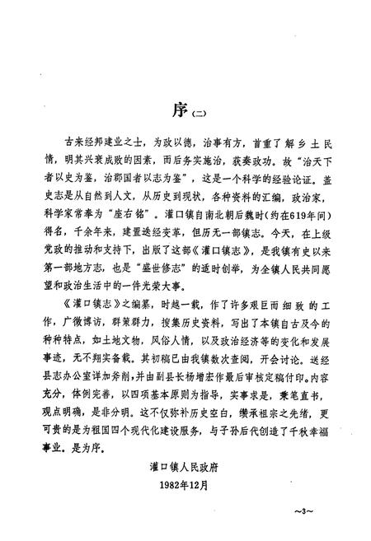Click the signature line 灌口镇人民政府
(x=189, y=464)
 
